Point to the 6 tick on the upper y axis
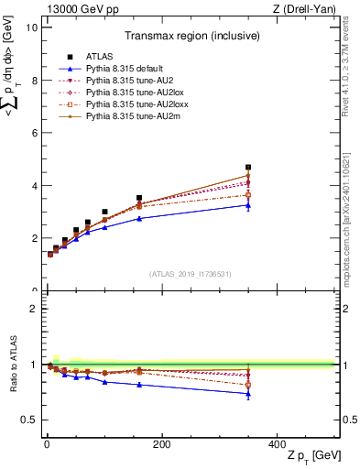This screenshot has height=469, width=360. (x=33, y=133)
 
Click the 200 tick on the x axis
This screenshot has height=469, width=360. (x=161, y=444)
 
